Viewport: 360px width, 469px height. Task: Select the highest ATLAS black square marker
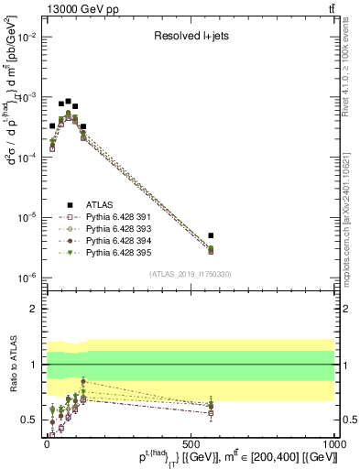click(69, 101)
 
